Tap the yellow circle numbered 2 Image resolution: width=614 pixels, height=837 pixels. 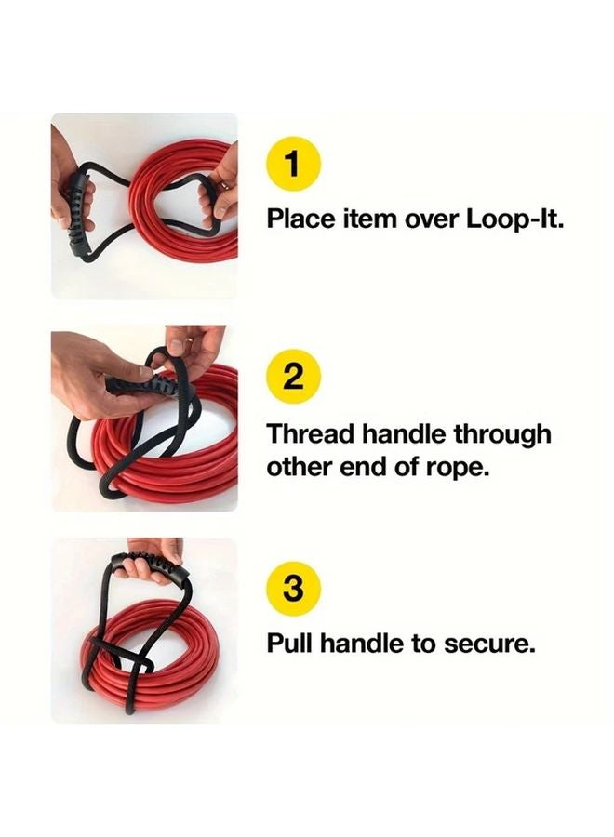click(x=292, y=379)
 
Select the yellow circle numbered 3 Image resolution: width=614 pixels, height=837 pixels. click(x=292, y=589)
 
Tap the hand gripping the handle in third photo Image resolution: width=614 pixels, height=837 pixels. click(x=153, y=549)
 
